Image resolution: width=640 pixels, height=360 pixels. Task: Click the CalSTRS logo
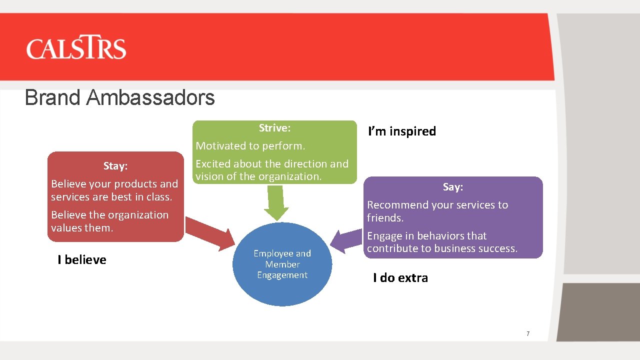pos(76,48)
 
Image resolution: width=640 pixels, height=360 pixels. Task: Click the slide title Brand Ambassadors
pos(119,97)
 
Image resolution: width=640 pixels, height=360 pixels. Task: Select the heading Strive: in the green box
pos(274,128)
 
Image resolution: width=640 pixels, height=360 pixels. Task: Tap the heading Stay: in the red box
pos(115,166)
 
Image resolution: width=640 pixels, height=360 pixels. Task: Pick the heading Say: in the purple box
pos(452,187)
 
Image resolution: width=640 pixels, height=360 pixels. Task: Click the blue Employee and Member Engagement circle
pos(282,264)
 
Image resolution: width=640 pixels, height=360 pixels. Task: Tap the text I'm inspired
pos(402,131)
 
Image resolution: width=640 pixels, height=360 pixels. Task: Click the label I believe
pos(82,260)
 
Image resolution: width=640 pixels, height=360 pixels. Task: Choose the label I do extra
pos(400,278)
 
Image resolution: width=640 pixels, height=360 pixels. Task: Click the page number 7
pos(528,334)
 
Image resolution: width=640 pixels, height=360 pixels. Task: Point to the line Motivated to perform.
pos(250,146)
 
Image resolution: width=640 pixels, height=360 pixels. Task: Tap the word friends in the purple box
pos(383,218)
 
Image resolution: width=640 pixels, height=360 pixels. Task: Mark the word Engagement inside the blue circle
pos(282,275)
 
